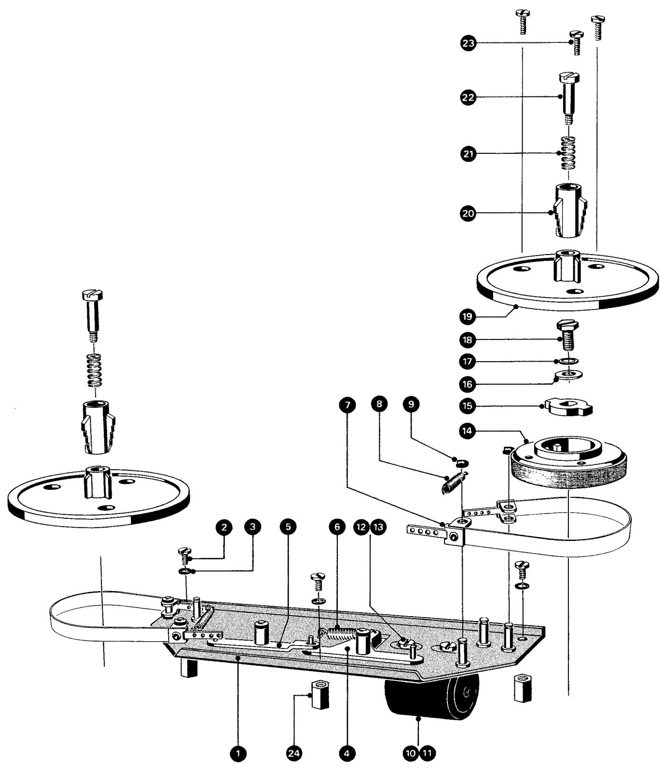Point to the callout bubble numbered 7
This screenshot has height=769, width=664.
pyautogui.click(x=347, y=404)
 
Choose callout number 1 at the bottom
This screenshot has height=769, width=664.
pyautogui.click(x=237, y=753)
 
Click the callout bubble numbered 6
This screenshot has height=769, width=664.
pyautogui.click(x=337, y=527)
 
